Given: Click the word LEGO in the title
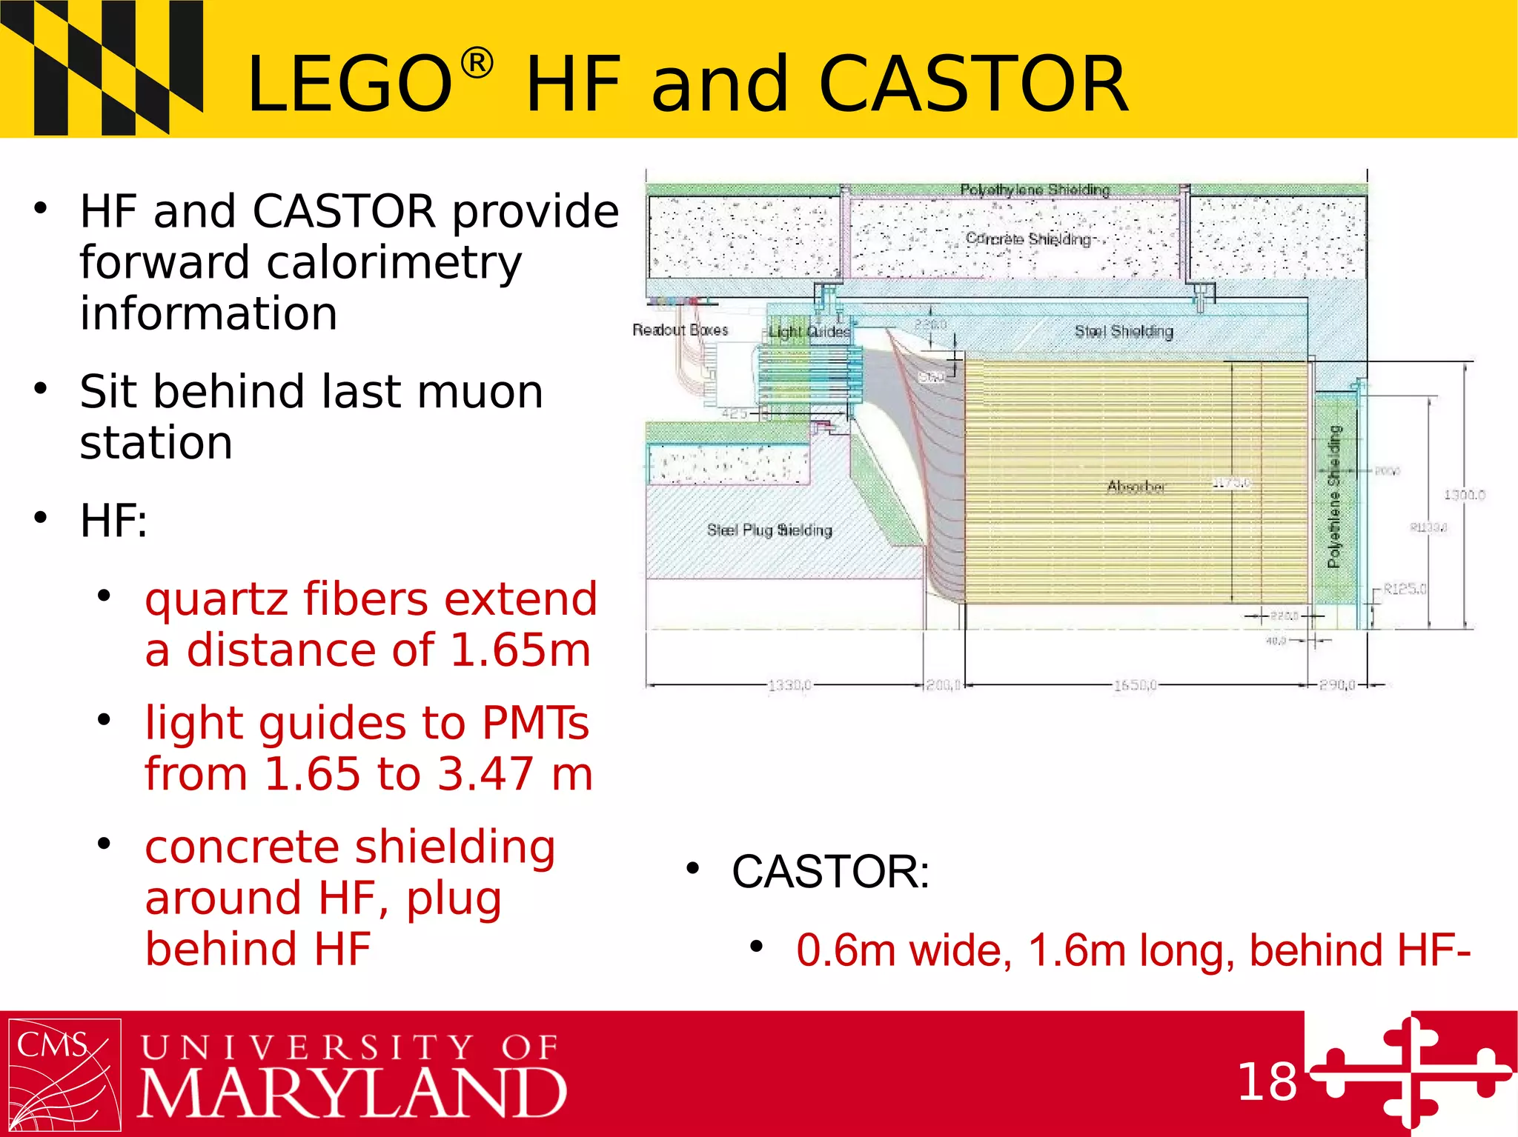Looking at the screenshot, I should tap(349, 84).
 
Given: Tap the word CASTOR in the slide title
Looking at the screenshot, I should tap(972, 84).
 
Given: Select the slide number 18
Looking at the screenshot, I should tap(1267, 1082).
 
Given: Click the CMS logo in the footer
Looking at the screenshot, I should tap(64, 1075).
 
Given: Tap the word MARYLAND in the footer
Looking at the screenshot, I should tap(353, 1093).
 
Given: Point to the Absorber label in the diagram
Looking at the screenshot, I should tap(1136, 487).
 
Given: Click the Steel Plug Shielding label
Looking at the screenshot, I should tap(769, 530).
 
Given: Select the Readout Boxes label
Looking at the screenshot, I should tap(680, 330).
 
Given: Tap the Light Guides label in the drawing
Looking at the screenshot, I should tap(809, 332).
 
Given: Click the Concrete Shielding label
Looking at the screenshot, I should tap(1028, 239).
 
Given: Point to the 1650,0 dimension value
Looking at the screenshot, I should tap(1135, 685).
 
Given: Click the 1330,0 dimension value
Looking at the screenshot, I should tap(789, 685).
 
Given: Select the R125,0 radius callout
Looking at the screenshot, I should tap(1405, 589).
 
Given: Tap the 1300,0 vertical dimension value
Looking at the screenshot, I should tap(1464, 494).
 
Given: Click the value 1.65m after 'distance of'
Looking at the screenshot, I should tap(520, 650).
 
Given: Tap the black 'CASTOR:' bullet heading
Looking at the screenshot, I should tap(830, 871).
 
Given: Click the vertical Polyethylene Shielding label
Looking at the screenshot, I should tap(1334, 496).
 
